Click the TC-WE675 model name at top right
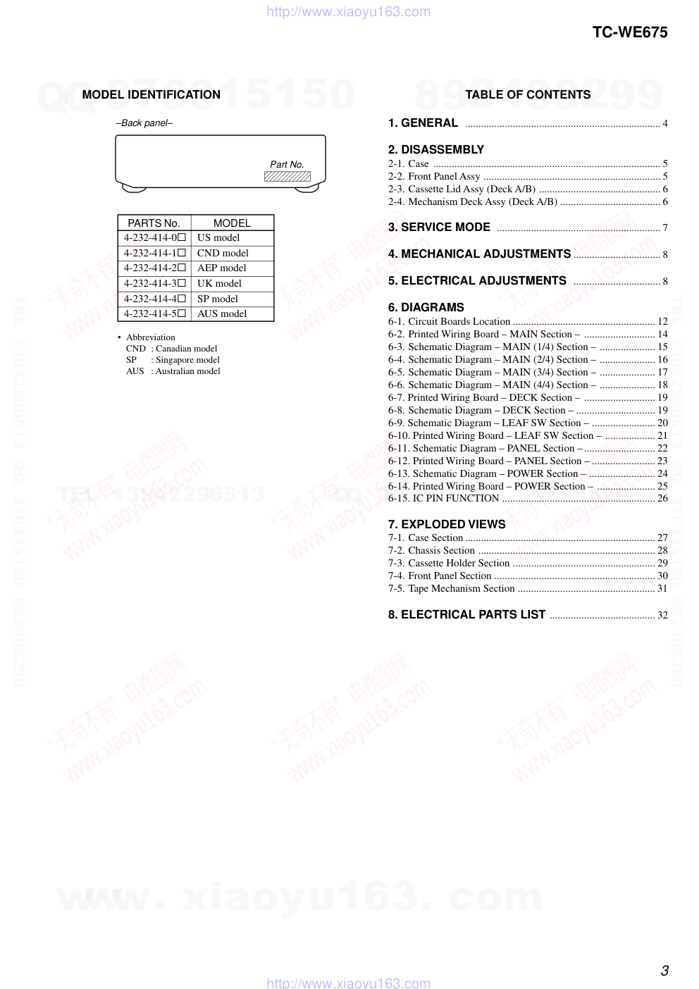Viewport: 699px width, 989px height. (x=629, y=32)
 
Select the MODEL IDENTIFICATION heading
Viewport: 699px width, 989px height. (x=151, y=94)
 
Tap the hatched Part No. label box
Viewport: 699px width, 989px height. (x=287, y=177)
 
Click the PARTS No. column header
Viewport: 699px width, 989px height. (x=154, y=223)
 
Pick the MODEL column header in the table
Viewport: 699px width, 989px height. (x=232, y=223)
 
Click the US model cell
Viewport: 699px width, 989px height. (x=218, y=238)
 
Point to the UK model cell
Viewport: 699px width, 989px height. (x=219, y=283)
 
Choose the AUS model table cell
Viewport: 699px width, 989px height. (x=222, y=313)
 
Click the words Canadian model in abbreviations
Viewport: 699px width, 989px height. (x=186, y=349)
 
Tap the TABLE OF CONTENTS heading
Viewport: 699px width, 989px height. (x=528, y=94)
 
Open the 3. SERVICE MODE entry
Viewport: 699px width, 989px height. (x=439, y=227)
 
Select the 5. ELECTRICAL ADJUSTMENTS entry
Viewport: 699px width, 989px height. (x=477, y=280)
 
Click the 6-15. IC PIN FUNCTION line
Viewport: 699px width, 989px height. (x=443, y=499)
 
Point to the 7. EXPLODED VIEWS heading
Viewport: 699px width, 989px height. (x=447, y=524)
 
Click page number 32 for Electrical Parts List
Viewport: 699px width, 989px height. (x=662, y=615)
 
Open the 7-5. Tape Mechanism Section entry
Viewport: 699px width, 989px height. (x=451, y=588)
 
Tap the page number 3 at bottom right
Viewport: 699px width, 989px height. (x=664, y=971)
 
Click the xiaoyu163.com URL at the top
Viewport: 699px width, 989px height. (x=348, y=12)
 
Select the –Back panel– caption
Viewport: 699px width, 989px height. (x=144, y=123)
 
